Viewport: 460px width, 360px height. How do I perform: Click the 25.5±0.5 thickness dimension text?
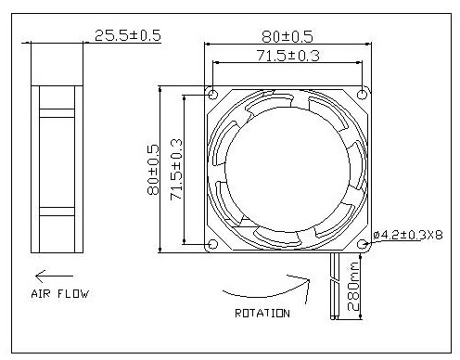click(128, 35)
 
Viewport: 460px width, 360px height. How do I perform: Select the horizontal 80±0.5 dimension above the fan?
click(287, 36)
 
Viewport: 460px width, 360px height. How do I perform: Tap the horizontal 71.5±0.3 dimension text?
click(288, 56)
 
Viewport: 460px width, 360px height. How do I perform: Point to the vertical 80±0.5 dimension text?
click(153, 170)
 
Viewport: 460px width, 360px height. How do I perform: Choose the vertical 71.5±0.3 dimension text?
click(176, 169)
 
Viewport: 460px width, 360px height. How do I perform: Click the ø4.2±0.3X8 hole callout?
click(408, 235)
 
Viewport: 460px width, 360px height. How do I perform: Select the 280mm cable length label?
click(353, 287)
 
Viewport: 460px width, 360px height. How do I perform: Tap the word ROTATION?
click(262, 314)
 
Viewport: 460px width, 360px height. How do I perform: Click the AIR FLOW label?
click(60, 294)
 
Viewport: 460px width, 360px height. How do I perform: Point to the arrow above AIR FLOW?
click(54, 276)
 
